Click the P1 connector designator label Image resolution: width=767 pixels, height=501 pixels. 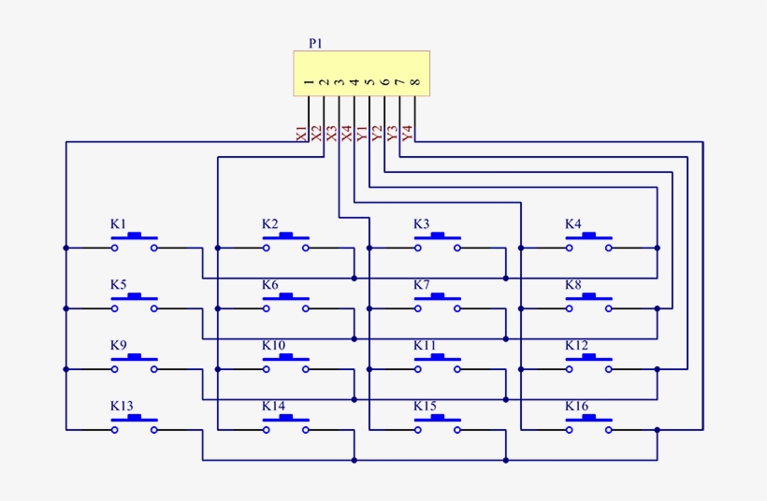[314, 43]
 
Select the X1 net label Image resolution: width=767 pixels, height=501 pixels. [301, 133]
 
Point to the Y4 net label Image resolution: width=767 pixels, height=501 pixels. [407, 133]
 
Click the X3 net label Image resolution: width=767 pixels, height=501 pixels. [331, 133]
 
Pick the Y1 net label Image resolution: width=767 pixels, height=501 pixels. [362, 133]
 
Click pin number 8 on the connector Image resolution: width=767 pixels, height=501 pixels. [414, 84]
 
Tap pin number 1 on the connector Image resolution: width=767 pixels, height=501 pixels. [309, 84]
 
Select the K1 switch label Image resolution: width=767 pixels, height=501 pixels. [118, 224]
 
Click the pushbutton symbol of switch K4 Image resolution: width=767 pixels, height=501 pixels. [588, 242]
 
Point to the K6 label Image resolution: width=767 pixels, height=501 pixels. [270, 285]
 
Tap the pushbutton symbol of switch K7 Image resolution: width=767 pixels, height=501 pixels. [437, 302]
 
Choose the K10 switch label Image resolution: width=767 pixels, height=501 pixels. [273, 346]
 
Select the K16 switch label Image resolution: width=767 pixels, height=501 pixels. [576, 407]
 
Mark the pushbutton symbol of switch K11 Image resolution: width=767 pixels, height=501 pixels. [437, 363]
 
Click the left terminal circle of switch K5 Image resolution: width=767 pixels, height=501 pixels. [114, 308]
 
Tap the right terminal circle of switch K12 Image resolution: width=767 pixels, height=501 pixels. [609, 369]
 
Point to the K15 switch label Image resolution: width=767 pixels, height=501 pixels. [425, 407]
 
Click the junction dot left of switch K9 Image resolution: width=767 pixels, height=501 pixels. [65, 369]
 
